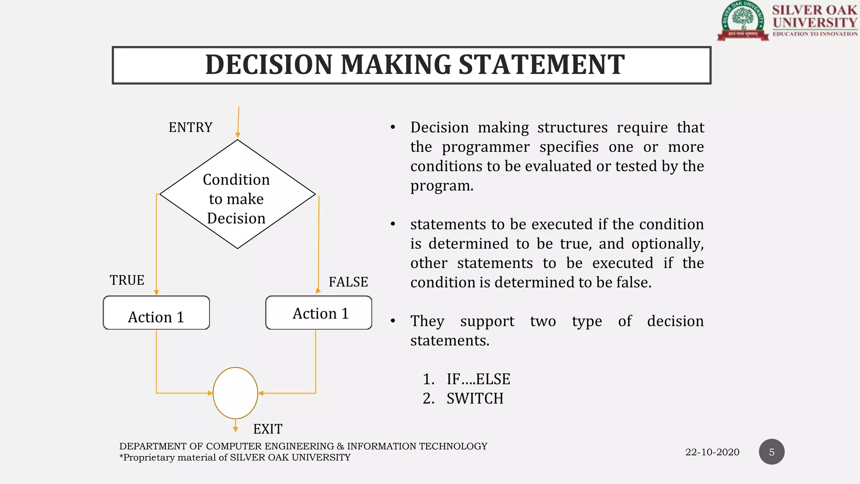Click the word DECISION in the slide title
[x=269, y=65]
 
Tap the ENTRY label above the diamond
[x=190, y=127]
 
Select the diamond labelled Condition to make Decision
[x=237, y=195]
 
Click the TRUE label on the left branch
[x=127, y=280]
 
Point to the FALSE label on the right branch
[x=348, y=282]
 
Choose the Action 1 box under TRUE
[x=156, y=313]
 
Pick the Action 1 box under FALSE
[x=319, y=313]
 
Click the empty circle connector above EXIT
[x=235, y=393]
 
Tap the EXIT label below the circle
[x=267, y=429]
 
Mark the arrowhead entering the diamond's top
[x=238, y=135]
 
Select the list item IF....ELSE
[x=478, y=379]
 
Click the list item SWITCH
[x=475, y=399]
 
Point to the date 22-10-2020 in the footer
[x=712, y=452]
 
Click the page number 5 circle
[x=771, y=452]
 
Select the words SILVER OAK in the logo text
[x=814, y=10]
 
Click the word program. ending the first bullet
[x=442, y=186]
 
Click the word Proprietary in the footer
[x=149, y=458]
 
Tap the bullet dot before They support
[x=393, y=321]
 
